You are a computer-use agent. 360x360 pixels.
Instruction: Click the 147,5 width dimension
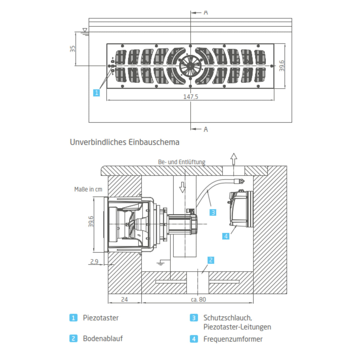(x=190, y=97)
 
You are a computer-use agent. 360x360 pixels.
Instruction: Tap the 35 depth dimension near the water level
(x=73, y=49)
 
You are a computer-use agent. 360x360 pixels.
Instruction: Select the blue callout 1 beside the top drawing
(x=96, y=93)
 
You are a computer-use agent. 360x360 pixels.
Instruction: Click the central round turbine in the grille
(x=190, y=66)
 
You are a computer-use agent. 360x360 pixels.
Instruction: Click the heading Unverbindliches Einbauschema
(x=125, y=142)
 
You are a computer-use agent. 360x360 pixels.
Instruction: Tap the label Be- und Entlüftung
(x=181, y=162)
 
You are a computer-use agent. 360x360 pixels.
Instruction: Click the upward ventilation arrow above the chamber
(x=234, y=159)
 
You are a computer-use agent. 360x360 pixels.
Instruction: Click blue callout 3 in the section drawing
(x=213, y=212)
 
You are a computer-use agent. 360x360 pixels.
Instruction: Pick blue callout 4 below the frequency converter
(x=226, y=236)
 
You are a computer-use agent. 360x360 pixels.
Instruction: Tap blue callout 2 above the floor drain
(x=211, y=260)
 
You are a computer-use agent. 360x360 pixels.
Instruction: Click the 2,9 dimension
(x=94, y=262)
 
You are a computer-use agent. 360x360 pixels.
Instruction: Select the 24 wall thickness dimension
(x=125, y=300)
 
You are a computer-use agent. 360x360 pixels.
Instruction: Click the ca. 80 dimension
(x=198, y=300)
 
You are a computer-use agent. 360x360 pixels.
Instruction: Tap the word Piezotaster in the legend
(x=101, y=318)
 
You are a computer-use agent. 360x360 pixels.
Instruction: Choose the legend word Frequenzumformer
(x=233, y=339)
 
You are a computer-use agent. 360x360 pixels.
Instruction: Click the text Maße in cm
(x=88, y=189)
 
